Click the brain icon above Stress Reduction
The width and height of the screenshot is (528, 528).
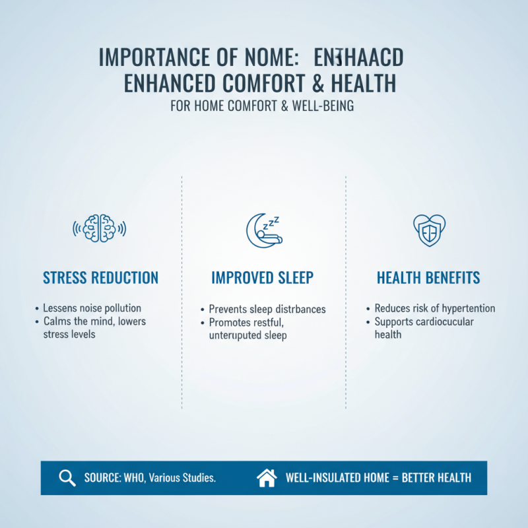pos(99,228)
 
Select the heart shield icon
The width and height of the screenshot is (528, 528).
pos(428,229)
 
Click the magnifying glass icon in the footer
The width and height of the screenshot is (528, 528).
pos(67,478)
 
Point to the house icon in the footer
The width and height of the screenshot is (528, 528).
pos(267,478)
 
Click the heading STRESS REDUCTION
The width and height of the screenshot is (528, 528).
pos(100,278)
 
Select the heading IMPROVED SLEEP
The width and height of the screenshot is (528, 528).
pos(263,278)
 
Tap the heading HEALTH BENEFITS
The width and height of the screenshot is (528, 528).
pos(428,278)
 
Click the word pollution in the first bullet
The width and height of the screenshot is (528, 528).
pos(122,308)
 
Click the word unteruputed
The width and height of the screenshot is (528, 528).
pos(236,335)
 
